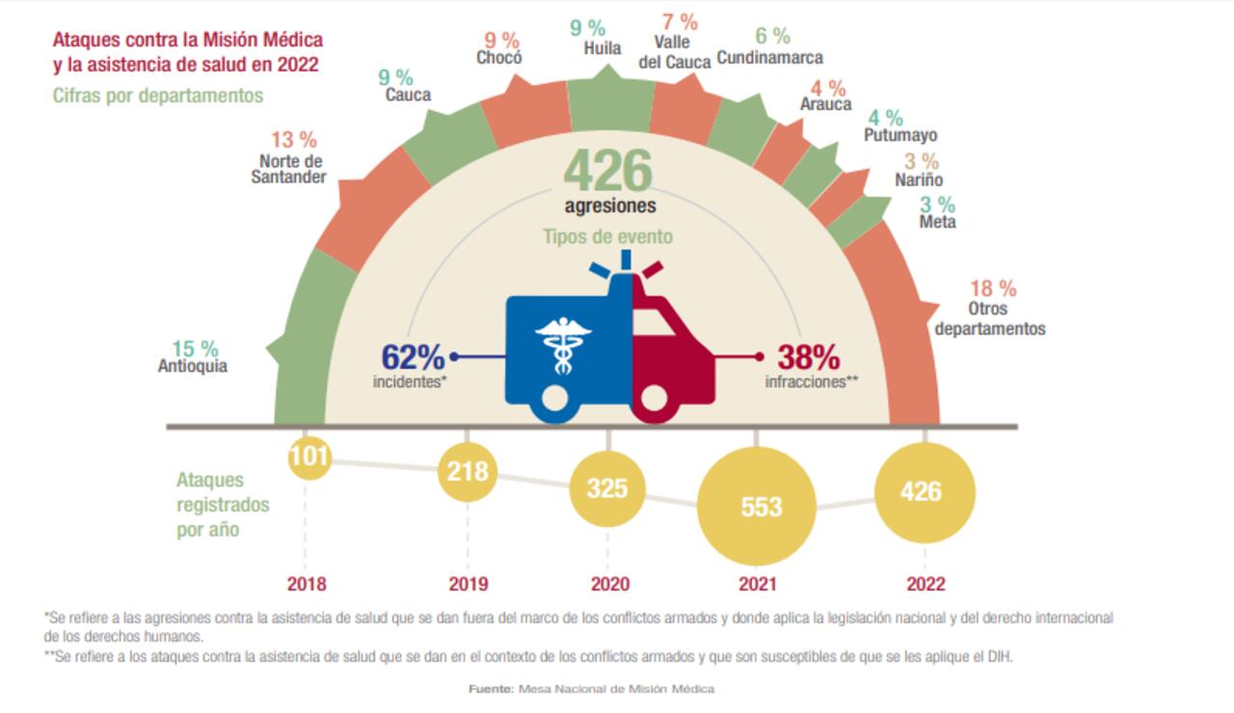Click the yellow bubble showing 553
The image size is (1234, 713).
761,506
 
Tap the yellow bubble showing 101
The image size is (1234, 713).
309,456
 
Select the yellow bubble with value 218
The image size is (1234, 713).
468,472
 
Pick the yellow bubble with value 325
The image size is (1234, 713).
607,489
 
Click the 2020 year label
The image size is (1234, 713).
610,584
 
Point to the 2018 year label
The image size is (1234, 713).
307,584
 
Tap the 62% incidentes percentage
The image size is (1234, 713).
414,357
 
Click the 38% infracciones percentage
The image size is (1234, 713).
809,357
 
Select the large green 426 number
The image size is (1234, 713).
608,171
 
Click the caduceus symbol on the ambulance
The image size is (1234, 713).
563,341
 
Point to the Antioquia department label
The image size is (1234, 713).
193,366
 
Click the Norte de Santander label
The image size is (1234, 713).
289,169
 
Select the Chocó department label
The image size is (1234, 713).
499,58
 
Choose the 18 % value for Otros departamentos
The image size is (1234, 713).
993,288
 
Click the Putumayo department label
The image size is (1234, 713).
900,136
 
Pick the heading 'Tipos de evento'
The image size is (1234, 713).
607,237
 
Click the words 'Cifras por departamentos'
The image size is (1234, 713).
158,95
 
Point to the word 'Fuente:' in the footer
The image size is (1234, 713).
492,689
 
